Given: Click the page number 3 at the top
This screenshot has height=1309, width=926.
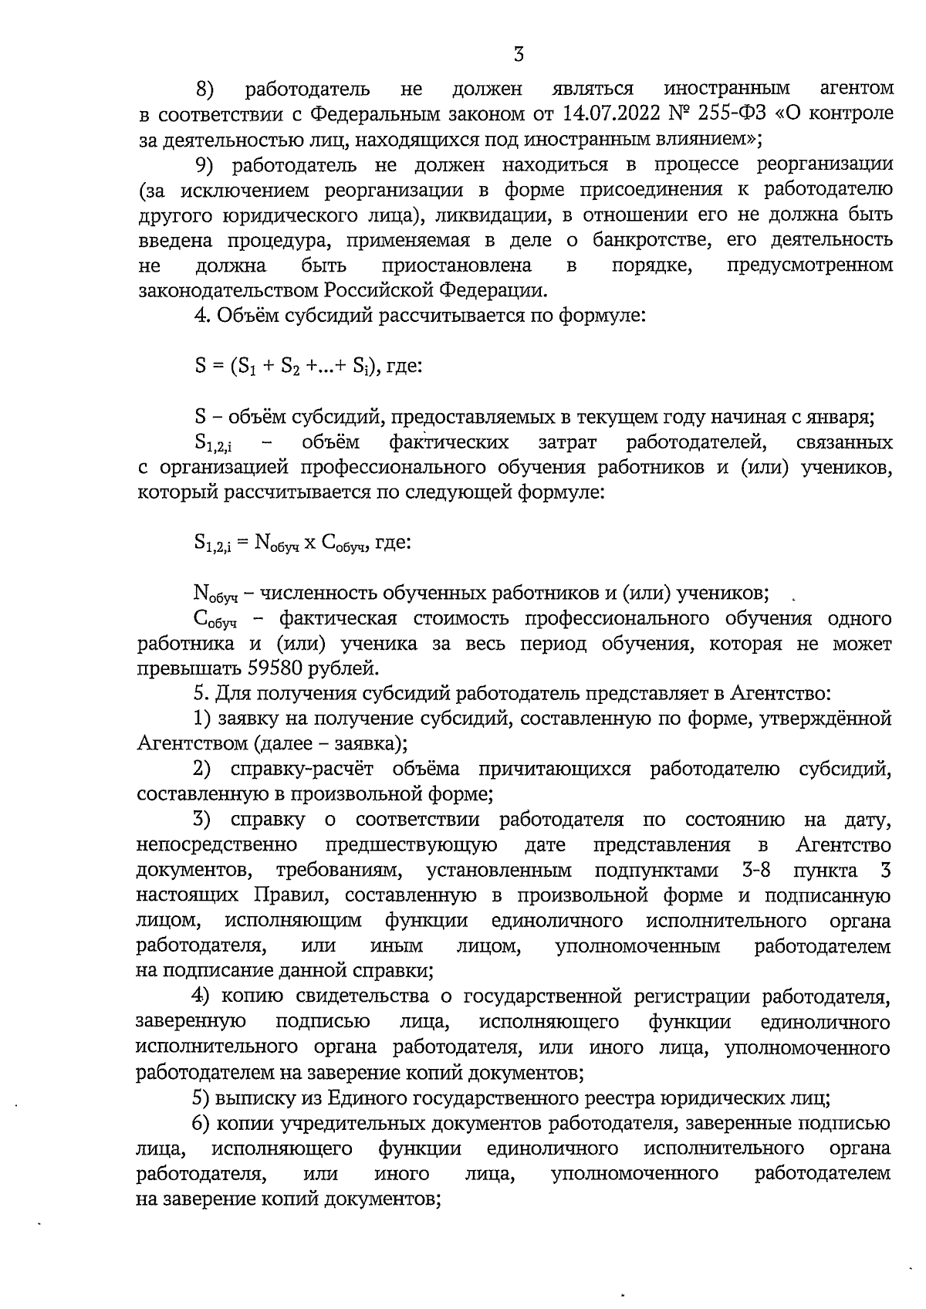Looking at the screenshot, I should (x=519, y=54).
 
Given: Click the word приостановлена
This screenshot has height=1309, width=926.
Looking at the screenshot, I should (x=457, y=266).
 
